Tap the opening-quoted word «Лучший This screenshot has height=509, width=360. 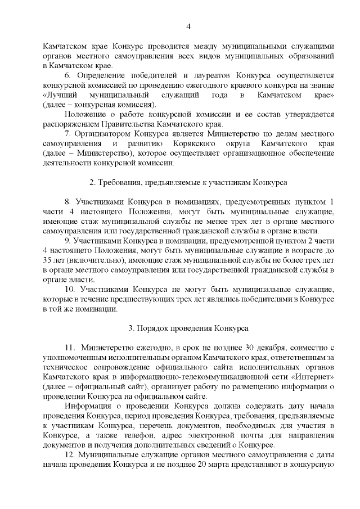(x=58, y=95)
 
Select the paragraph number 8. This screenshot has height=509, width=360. (x=67, y=202)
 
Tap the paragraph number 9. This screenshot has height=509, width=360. (x=67, y=241)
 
